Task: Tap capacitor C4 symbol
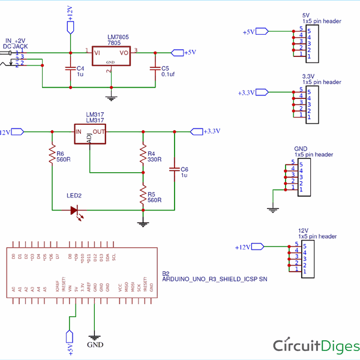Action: click(70, 69)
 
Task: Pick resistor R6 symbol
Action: click(52, 157)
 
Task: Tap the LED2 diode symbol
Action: click(76, 210)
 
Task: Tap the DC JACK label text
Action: click(15, 46)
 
